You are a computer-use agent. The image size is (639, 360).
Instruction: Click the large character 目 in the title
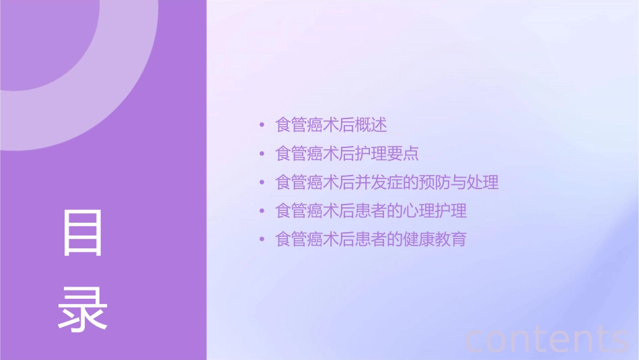(x=83, y=233)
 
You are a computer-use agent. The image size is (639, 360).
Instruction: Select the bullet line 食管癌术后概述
(x=331, y=125)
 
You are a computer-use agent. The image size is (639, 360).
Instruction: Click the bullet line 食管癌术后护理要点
(x=347, y=153)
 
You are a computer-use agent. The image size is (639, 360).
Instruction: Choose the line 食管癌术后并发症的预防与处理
(x=387, y=182)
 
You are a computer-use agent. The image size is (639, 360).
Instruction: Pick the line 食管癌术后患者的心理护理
(x=371, y=211)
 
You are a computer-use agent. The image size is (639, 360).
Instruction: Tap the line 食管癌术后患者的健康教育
(x=371, y=240)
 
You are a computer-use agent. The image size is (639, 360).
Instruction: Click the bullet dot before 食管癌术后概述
(x=262, y=125)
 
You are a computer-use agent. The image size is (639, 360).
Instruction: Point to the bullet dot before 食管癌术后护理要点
(x=262, y=154)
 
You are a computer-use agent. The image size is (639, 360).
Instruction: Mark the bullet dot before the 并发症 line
(x=262, y=182)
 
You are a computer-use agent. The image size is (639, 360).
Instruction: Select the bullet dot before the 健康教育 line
(x=262, y=240)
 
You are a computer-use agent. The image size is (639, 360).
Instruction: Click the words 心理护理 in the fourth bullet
(x=435, y=211)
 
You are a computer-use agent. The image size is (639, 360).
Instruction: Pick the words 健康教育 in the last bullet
(x=435, y=240)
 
